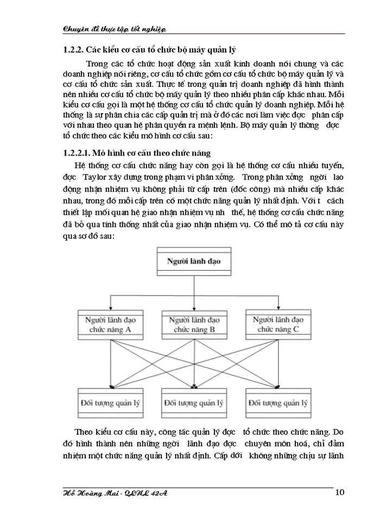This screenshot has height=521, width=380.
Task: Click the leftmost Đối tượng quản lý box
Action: pos(110,403)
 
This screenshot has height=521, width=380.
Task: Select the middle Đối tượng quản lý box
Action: pos(194,403)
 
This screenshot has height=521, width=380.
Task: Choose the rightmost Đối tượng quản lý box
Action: pos(277,403)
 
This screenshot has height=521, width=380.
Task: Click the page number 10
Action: pos(340,493)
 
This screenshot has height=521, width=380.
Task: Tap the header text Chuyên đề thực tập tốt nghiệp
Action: pos(115,29)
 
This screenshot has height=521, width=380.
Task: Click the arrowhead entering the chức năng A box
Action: pos(110,308)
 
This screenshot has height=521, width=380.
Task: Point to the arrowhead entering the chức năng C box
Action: pos(277,308)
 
